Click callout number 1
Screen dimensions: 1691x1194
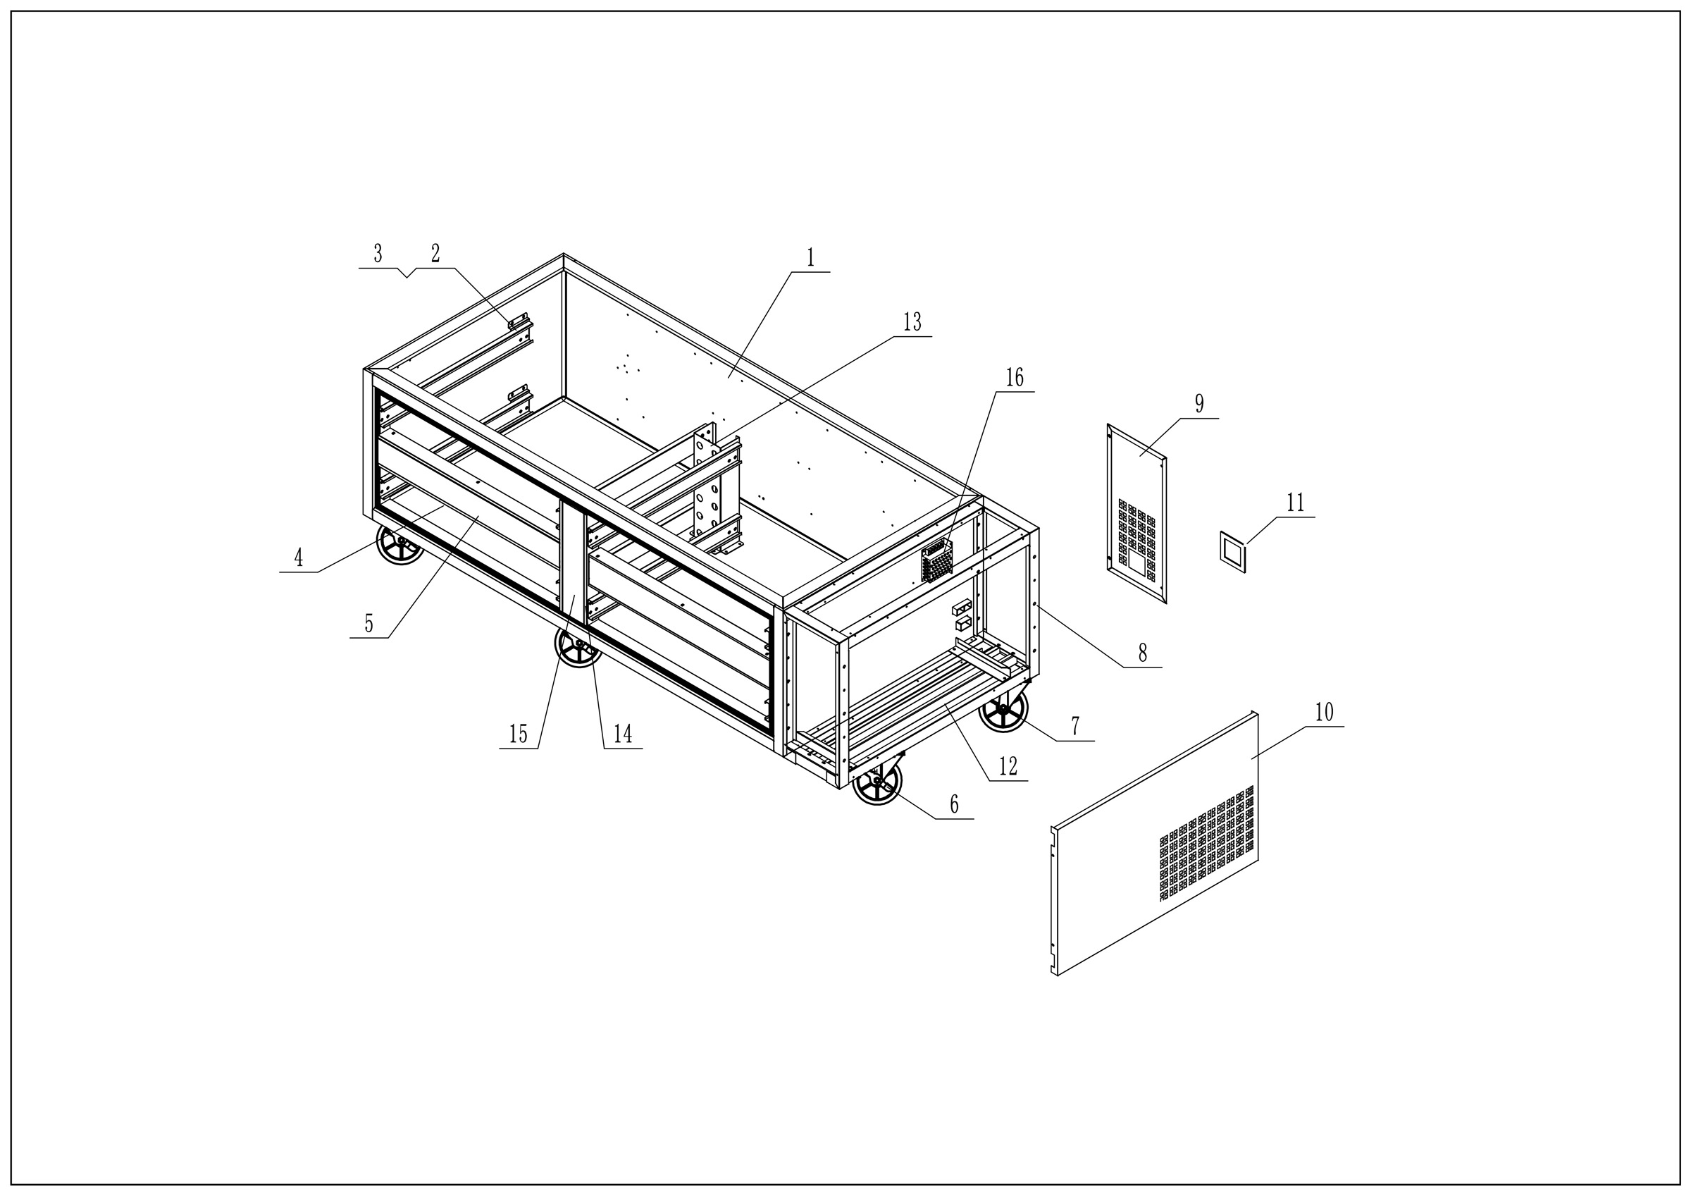[x=811, y=258]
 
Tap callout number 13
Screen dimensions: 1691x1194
[x=912, y=322]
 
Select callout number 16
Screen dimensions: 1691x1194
[x=1014, y=377]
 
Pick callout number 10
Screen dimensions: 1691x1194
[x=1324, y=713]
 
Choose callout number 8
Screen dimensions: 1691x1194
[x=1142, y=653]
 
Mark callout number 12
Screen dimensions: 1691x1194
[x=1008, y=766]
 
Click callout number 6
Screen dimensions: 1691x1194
[x=955, y=804]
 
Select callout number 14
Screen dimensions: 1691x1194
[x=623, y=734]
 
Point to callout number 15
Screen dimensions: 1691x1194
[x=519, y=734]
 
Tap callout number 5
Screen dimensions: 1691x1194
[x=369, y=623]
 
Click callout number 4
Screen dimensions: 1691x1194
[x=298, y=558]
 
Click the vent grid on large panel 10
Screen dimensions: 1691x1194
[x=1206, y=844]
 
